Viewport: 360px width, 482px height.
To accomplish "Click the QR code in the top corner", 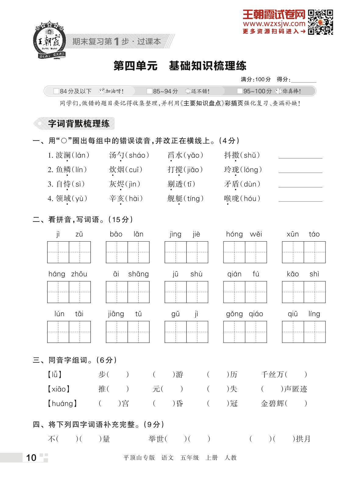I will (320, 22).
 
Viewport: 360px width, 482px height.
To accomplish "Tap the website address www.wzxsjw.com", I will (274, 24).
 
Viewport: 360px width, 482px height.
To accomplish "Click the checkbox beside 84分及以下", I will (56, 91).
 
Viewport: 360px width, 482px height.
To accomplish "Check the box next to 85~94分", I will (149, 91).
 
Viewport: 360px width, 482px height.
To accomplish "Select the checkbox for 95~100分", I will (240, 91).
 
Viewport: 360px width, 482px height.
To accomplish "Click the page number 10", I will (31, 458).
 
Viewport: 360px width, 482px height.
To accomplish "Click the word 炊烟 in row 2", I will (116, 170).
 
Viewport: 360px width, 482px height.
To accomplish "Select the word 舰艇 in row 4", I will (175, 199).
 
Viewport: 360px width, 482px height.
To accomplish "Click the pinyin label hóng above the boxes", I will (234, 234).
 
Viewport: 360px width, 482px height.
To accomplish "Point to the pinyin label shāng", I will (138, 274).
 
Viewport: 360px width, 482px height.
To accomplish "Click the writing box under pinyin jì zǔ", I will (69, 252).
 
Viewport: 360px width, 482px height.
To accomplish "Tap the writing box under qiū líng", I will (304, 332).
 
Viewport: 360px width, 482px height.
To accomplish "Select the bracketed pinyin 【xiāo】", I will (59, 389).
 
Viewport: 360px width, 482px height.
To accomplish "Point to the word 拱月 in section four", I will (303, 439).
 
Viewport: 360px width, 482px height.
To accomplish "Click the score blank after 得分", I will (304, 80).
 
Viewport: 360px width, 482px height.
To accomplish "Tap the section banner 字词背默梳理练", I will (78, 123).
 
